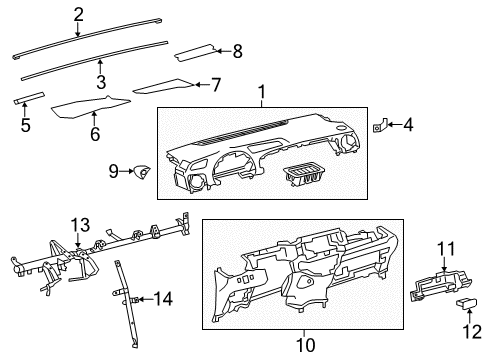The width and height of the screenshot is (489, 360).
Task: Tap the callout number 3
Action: pos(100,81)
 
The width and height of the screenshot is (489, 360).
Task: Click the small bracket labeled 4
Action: pos(378,127)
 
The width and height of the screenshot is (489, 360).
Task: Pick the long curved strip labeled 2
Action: pos(130,37)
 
